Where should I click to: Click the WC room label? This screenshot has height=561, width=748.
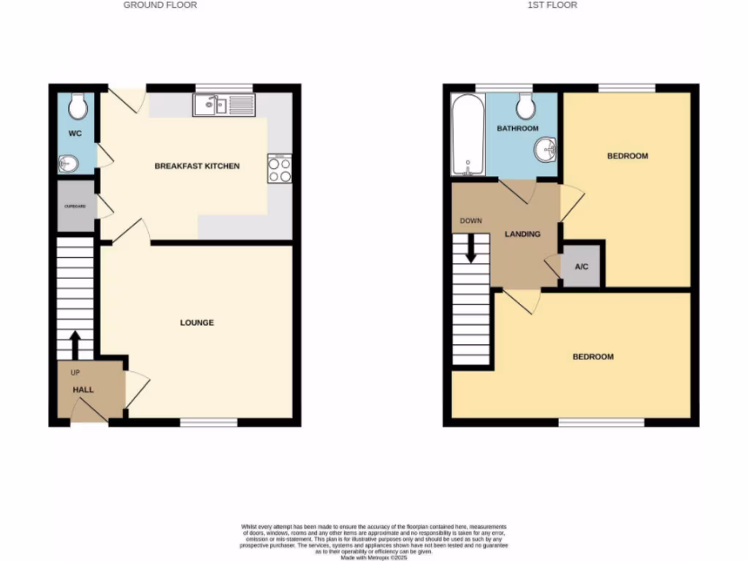point(75,134)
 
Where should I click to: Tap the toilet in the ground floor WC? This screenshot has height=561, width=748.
point(77,107)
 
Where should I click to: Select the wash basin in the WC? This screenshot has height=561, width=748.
point(68,164)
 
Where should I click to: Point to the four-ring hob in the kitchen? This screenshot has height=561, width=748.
point(280,169)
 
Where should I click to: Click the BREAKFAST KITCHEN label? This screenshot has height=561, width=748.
point(196,167)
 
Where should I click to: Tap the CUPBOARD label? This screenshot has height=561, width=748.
point(75,207)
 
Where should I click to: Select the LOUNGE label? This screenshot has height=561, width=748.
point(197,322)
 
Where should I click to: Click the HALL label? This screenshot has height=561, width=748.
point(83,390)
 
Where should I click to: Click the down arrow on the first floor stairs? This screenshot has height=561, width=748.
point(470,248)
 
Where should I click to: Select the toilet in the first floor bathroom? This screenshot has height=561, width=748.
point(525,107)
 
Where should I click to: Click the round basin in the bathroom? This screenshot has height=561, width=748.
point(544,150)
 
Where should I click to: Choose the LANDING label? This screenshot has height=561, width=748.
point(524,234)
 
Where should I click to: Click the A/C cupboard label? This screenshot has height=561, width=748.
point(581,267)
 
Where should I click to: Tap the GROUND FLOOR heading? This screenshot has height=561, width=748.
point(160,5)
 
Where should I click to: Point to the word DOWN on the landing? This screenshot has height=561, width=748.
point(470,221)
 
